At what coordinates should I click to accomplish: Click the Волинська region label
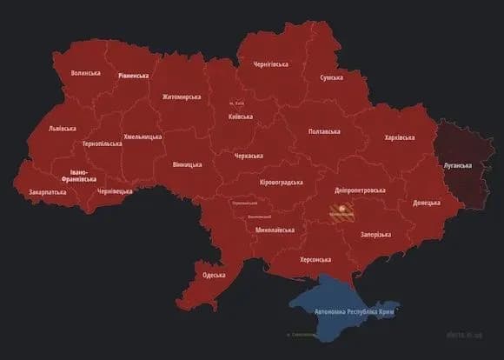[x=85, y=74]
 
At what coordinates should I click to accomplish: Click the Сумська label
[x=331, y=78]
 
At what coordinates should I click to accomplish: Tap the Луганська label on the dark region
[x=457, y=164]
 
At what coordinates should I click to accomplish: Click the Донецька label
[x=427, y=203]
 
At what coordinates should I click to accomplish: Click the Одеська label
[x=214, y=275]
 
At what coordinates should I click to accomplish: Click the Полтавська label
[x=324, y=131]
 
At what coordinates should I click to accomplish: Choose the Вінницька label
[x=187, y=164]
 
